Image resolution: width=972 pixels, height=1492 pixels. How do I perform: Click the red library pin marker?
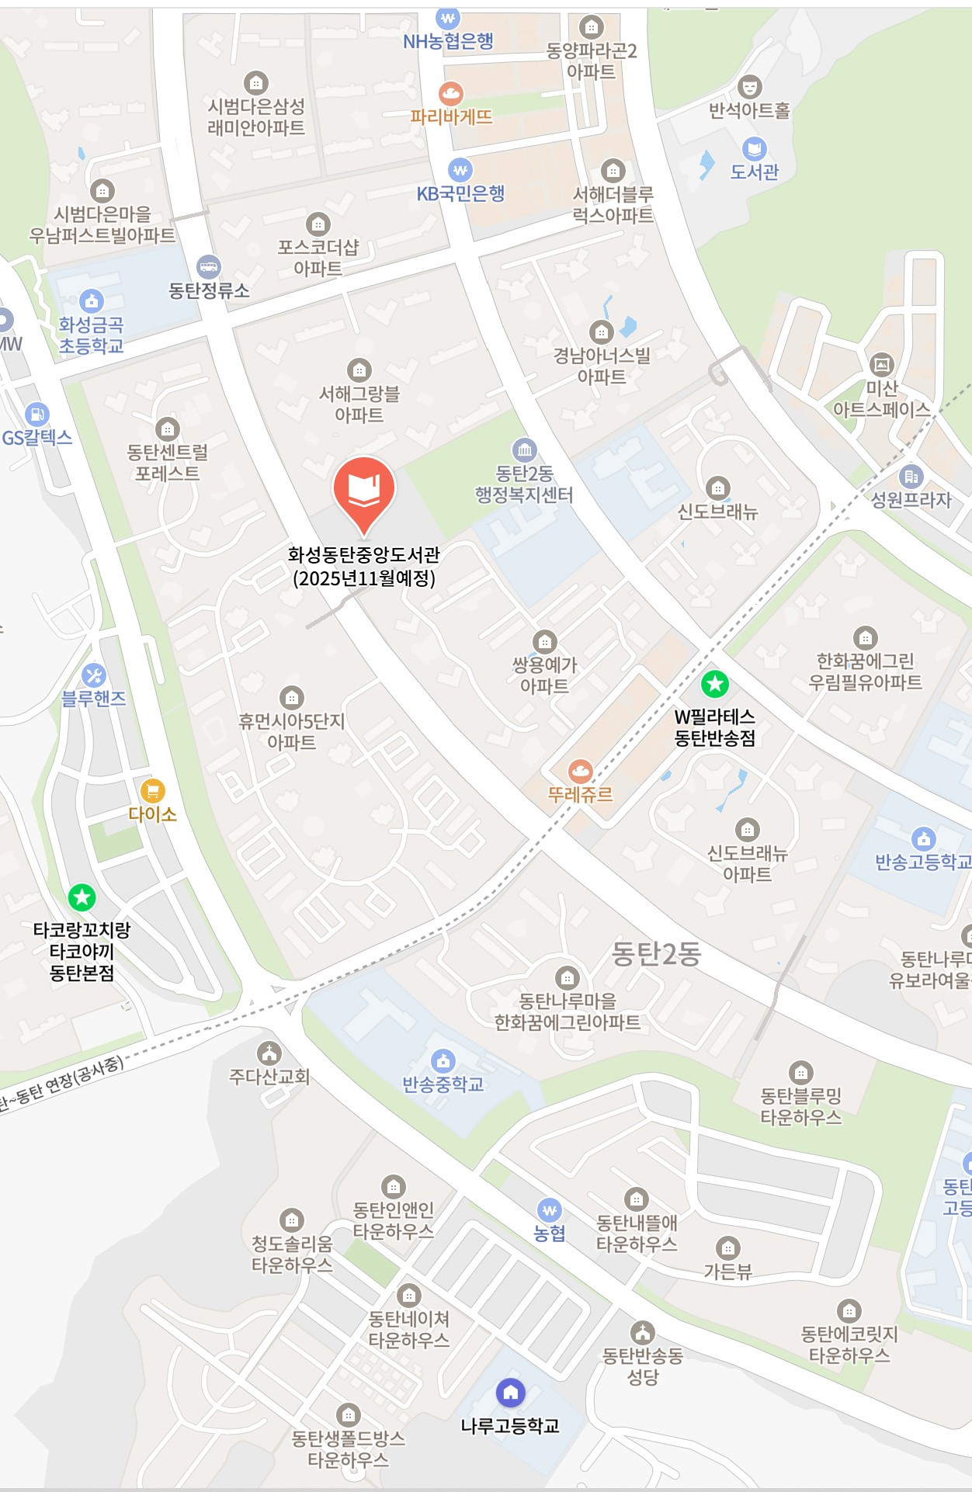coord(364,491)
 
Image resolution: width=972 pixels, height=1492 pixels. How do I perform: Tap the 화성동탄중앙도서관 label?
coord(363,566)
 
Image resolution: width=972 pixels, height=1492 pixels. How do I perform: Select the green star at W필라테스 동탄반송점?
coord(714,684)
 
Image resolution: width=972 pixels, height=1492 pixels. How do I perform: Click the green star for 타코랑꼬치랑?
coord(82,897)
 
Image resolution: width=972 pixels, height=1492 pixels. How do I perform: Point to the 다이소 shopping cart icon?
coord(152,790)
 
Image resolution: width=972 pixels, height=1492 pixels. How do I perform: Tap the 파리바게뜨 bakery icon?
coord(451,94)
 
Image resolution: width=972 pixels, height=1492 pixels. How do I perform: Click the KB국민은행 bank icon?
coord(460,170)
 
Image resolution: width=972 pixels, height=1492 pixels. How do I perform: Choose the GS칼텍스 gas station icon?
coord(36,415)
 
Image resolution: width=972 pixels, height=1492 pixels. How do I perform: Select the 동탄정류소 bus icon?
coord(208,267)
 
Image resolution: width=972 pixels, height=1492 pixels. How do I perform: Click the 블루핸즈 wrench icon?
coord(94,675)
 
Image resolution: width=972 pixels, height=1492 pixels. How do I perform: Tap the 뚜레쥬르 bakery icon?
coord(580,771)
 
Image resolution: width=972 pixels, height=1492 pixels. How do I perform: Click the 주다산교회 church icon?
coord(269,1053)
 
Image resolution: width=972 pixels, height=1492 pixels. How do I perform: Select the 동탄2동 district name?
coord(656,954)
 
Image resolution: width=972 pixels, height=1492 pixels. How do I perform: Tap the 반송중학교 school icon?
coord(443,1060)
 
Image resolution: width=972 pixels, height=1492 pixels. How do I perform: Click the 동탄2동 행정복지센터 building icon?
coord(524,449)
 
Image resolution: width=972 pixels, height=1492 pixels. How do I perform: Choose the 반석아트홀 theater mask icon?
coord(749,86)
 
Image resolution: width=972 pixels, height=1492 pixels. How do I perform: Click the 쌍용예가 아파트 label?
coord(544,675)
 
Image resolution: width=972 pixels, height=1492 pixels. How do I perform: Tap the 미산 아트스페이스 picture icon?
coord(881,363)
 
